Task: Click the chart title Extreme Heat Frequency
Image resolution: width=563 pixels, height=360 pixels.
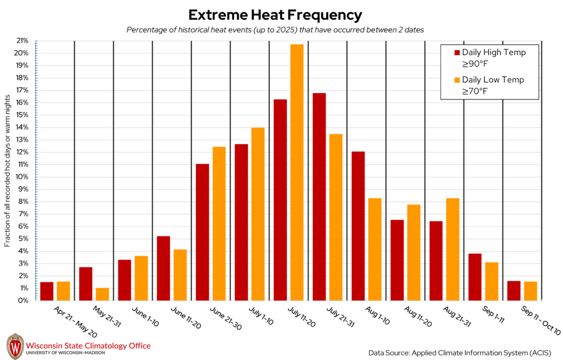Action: [275, 15]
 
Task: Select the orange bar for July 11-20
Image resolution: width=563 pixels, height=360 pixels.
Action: [297, 172]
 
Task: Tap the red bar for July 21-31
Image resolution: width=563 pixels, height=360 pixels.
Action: [319, 197]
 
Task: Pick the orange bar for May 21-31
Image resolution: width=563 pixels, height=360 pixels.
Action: [102, 294]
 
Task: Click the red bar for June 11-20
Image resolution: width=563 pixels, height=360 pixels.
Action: [163, 268]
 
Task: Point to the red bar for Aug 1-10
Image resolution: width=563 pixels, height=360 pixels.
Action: [358, 226]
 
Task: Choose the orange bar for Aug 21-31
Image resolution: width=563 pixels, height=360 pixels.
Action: [453, 250]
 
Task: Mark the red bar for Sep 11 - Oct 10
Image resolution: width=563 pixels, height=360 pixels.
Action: [514, 291]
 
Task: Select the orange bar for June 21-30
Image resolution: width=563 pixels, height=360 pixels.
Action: [219, 224]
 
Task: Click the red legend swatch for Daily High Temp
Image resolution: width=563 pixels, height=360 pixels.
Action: [457, 53]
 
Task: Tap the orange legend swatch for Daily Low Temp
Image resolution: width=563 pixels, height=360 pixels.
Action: [457, 80]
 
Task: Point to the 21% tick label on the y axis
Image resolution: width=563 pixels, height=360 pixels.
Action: [22, 41]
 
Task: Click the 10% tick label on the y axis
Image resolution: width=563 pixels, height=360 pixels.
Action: [22, 177]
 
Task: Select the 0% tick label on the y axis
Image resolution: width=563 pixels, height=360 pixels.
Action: [23, 301]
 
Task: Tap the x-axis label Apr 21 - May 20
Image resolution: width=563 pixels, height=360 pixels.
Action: [75, 322]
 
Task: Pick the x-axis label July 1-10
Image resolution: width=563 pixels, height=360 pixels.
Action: [261, 316]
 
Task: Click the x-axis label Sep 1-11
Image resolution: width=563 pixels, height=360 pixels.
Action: [493, 315]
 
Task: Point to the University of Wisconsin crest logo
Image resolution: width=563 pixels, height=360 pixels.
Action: [15, 346]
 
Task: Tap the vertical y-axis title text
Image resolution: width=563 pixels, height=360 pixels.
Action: [8, 171]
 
